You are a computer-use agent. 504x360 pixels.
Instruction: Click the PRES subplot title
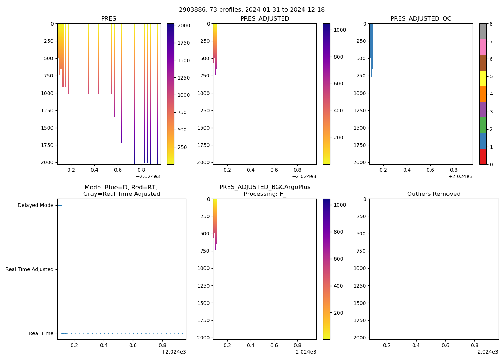[108, 19]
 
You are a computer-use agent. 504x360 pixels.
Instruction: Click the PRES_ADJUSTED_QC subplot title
[421, 19]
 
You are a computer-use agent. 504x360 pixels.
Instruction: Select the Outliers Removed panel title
[434, 194]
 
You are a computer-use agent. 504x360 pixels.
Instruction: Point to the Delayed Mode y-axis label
[35, 206]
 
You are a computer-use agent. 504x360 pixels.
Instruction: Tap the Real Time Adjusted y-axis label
[29, 270]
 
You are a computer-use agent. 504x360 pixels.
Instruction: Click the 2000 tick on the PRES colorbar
[184, 26]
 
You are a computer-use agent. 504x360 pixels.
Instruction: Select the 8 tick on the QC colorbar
[491, 24]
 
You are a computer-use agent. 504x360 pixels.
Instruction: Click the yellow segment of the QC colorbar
[483, 78]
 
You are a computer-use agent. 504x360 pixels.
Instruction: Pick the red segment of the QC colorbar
[483, 157]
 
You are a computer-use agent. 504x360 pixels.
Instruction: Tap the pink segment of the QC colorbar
[483, 47]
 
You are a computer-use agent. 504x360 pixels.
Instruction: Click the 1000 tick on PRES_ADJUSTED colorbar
[340, 30]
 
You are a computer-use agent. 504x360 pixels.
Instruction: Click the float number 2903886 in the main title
[191, 10]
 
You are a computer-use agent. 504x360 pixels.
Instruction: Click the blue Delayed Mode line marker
[59, 206]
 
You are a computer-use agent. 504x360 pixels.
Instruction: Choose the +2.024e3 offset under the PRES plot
[148, 176]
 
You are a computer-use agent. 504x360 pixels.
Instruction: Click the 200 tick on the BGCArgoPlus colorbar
[338, 313]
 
